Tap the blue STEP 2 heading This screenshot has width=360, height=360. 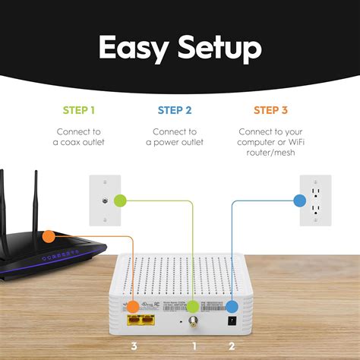pyautogui.click(x=180, y=110)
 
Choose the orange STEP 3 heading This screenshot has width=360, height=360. pyautogui.click(x=270, y=110)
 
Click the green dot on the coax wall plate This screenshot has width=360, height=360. pyautogui.click(x=118, y=201)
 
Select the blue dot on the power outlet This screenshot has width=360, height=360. pyautogui.click(x=298, y=201)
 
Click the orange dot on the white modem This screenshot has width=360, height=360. pyautogui.click(x=133, y=307)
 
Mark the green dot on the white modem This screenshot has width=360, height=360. pyautogui.click(x=193, y=307)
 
